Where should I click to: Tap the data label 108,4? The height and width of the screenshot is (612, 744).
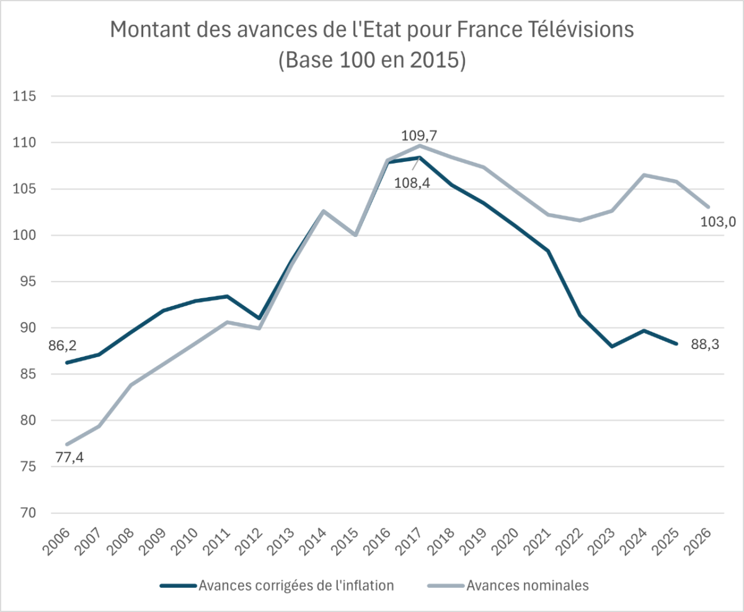pyautogui.click(x=412, y=184)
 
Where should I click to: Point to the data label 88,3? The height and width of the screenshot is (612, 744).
pyautogui.click(x=705, y=345)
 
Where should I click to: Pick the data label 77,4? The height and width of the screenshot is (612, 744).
pyautogui.click(x=70, y=459)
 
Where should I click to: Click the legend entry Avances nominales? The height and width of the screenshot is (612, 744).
pyautogui.click(x=526, y=585)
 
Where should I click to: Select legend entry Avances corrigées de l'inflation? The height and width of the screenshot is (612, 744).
pyautogui.click(x=296, y=585)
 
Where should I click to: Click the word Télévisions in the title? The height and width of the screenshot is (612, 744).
pyautogui.click(x=576, y=30)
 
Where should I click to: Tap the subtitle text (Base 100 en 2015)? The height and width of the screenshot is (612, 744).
pyautogui.click(x=372, y=60)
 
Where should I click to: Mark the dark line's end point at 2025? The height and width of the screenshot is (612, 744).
pyautogui.click(x=676, y=344)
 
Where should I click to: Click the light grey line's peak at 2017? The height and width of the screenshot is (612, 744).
pyautogui.click(x=420, y=146)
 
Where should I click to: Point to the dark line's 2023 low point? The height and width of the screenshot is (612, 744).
pyautogui.click(x=613, y=347)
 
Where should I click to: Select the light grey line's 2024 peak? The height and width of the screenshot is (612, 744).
pyautogui.click(x=644, y=175)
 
